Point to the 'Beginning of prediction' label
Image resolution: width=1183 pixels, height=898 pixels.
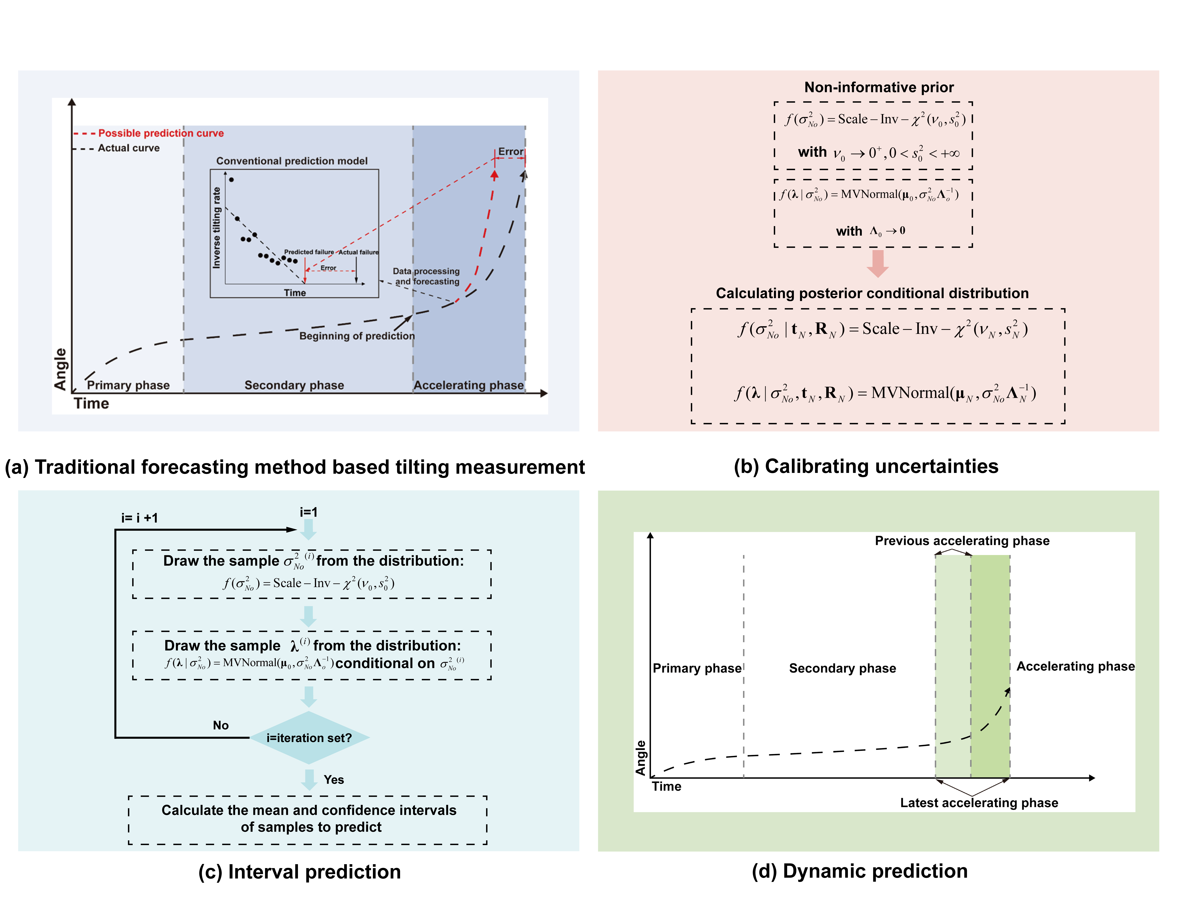(357, 336)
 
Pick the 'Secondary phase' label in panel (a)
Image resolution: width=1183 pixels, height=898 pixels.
(294, 385)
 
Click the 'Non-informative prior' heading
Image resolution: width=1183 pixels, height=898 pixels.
(879, 87)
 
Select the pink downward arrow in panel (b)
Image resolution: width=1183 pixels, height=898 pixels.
(878, 263)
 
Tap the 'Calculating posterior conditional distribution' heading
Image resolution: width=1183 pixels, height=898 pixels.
(872, 293)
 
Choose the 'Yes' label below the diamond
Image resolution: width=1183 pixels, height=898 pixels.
(334, 780)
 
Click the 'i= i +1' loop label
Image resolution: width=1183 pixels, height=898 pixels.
(140, 518)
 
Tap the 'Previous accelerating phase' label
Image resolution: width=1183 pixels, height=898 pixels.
(962, 541)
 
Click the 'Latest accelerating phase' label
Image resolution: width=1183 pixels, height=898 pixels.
(979, 803)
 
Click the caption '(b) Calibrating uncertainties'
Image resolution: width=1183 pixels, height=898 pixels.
(866, 466)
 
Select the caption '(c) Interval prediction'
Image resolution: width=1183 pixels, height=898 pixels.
(300, 872)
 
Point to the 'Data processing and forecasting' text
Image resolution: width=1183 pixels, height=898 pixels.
(426, 276)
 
